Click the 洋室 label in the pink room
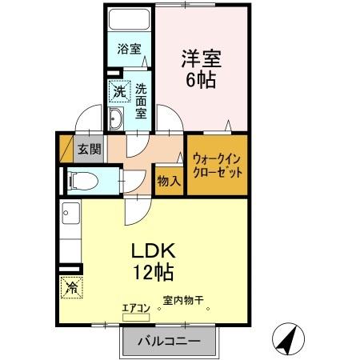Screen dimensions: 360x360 coord(201,59)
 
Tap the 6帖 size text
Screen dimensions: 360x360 coord(201,80)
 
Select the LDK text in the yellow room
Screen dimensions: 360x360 coord(154,250)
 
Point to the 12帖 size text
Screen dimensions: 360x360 coord(154,272)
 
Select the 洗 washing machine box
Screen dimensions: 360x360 coord(118,93)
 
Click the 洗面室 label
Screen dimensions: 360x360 coord(141,100)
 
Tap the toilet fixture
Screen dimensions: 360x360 coord(84,181)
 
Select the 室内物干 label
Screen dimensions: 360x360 coord(183,301)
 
